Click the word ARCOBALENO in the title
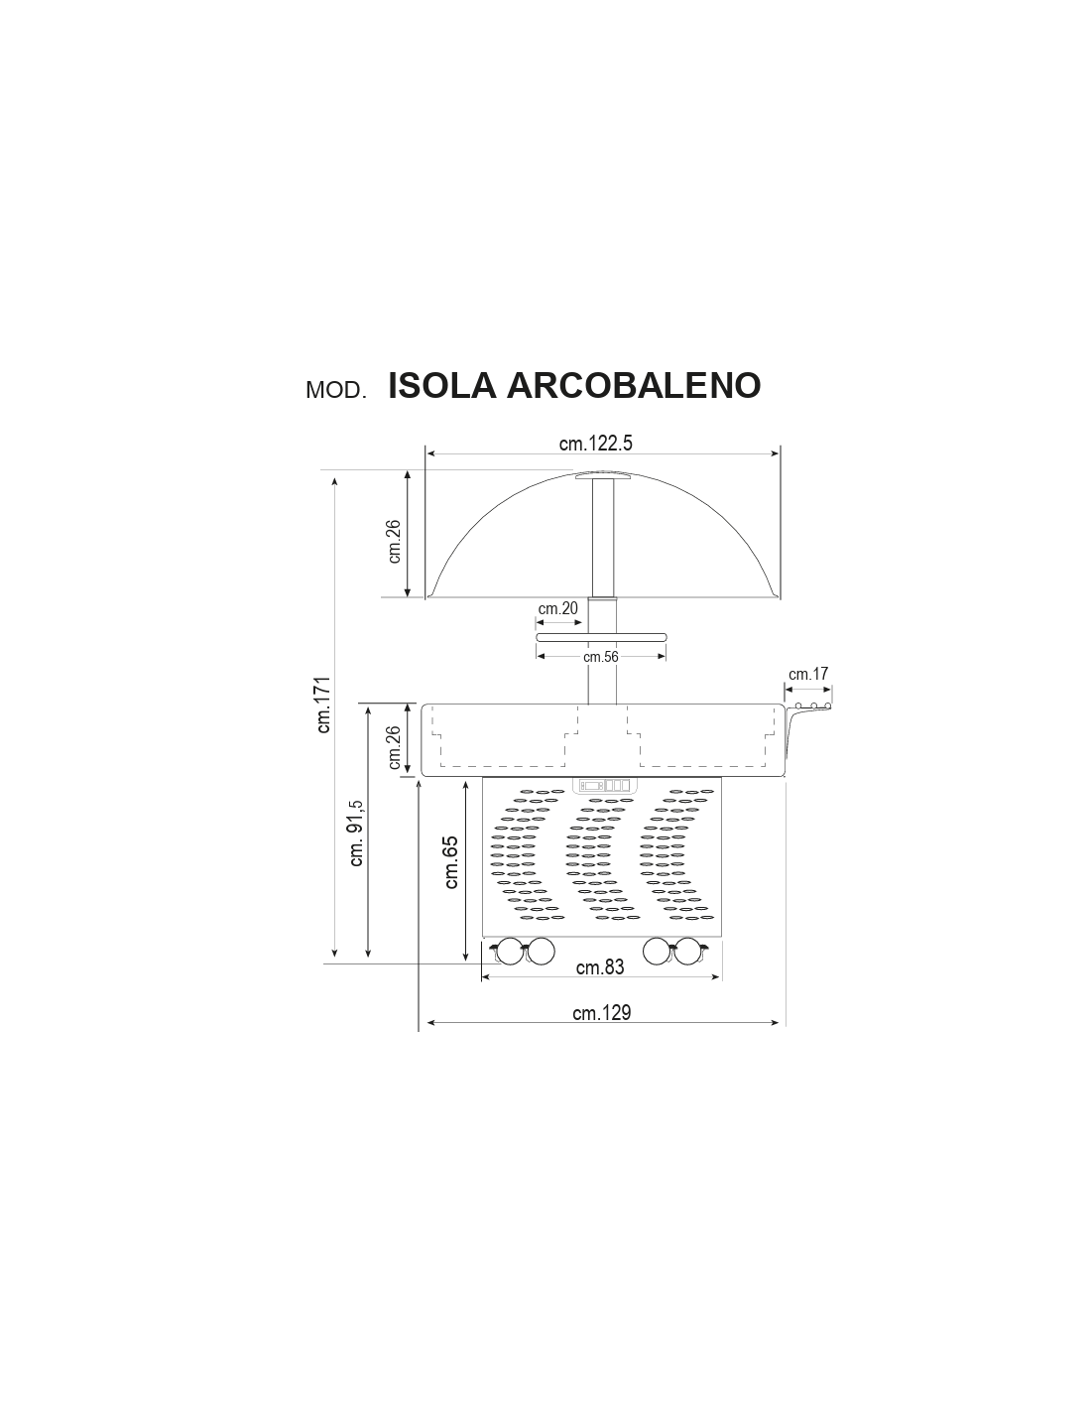(633, 386)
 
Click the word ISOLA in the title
(442, 386)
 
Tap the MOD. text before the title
(335, 390)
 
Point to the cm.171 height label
(323, 705)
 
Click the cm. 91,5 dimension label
(356, 834)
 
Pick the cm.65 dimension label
(451, 862)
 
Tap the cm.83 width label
(600, 966)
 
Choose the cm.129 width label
(602, 1012)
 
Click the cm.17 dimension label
(808, 674)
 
